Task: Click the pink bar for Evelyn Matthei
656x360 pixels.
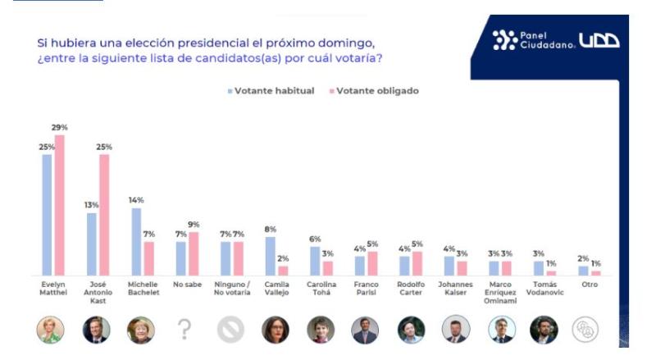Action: [x=59, y=205]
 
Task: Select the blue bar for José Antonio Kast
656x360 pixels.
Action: [x=92, y=244]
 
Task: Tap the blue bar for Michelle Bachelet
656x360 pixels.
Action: [x=136, y=242]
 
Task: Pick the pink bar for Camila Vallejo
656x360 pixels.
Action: [x=283, y=271]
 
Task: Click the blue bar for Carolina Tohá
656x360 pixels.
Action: [x=315, y=261]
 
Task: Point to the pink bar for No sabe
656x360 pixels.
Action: [x=194, y=254]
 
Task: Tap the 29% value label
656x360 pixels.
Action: [x=59, y=128]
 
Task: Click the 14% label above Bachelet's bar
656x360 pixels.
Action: [x=135, y=200]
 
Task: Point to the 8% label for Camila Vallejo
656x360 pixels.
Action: [x=270, y=230]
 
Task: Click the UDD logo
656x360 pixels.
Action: [x=599, y=40]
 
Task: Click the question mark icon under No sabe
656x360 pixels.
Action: [x=184, y=330]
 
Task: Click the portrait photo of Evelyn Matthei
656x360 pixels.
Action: [x=51, y=330]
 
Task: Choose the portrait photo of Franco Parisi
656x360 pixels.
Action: [x=365, y=330]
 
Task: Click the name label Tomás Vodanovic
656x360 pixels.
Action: [x=544, y=288]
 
